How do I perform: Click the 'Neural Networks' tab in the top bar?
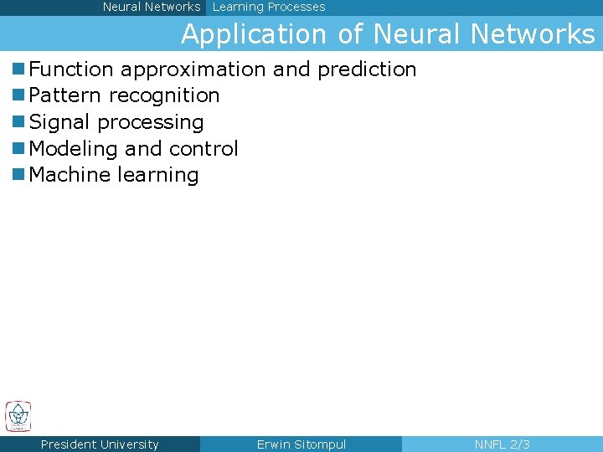pos(152,7)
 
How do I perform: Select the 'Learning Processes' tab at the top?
pos(269,7)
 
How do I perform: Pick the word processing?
pos(151,123)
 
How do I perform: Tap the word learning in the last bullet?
pos(159,176)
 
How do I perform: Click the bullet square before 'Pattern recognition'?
pos(18,95)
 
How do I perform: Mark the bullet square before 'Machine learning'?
pos(18,175)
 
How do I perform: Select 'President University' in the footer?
pos(100,444)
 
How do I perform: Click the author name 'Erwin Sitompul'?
pos(301,444)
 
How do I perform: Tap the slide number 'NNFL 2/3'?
pos(502,444)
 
